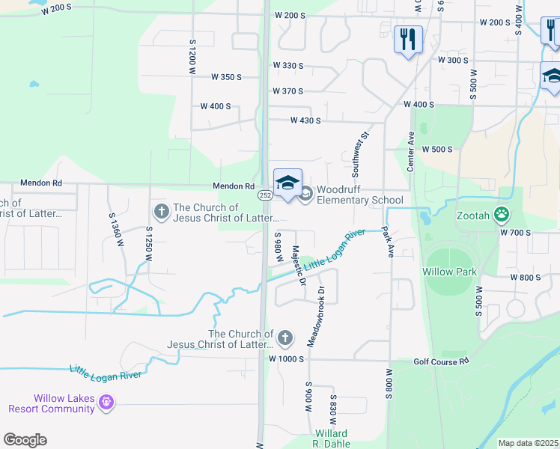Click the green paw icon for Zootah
pyautogui.click(x=502, y=216)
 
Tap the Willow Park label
pyautogui.click(x=449, y=272)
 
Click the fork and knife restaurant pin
pyautogui.click(x=408, y=39)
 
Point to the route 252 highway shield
pyautogui.click(x=265, y=195)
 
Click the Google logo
pyautogui.click(x=25, y=440)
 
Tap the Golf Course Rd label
pyautogui.click(x=441, y=361)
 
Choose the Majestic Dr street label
pyautogui.click(x=299, y=266)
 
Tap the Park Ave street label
pyautogui.click(x=388, y=242)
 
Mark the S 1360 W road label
pyautogui.click(x=114, y=216)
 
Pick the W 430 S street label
pyautogui.click(x=305, y=120)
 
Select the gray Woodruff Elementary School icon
pyautogui.click(x=305, y=195)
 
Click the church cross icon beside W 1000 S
pyautogui.click(x=284, y=339)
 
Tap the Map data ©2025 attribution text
pyautogui.click(x=528, y=443)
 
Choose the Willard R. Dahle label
pyautogui.click(x=330, y=439)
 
